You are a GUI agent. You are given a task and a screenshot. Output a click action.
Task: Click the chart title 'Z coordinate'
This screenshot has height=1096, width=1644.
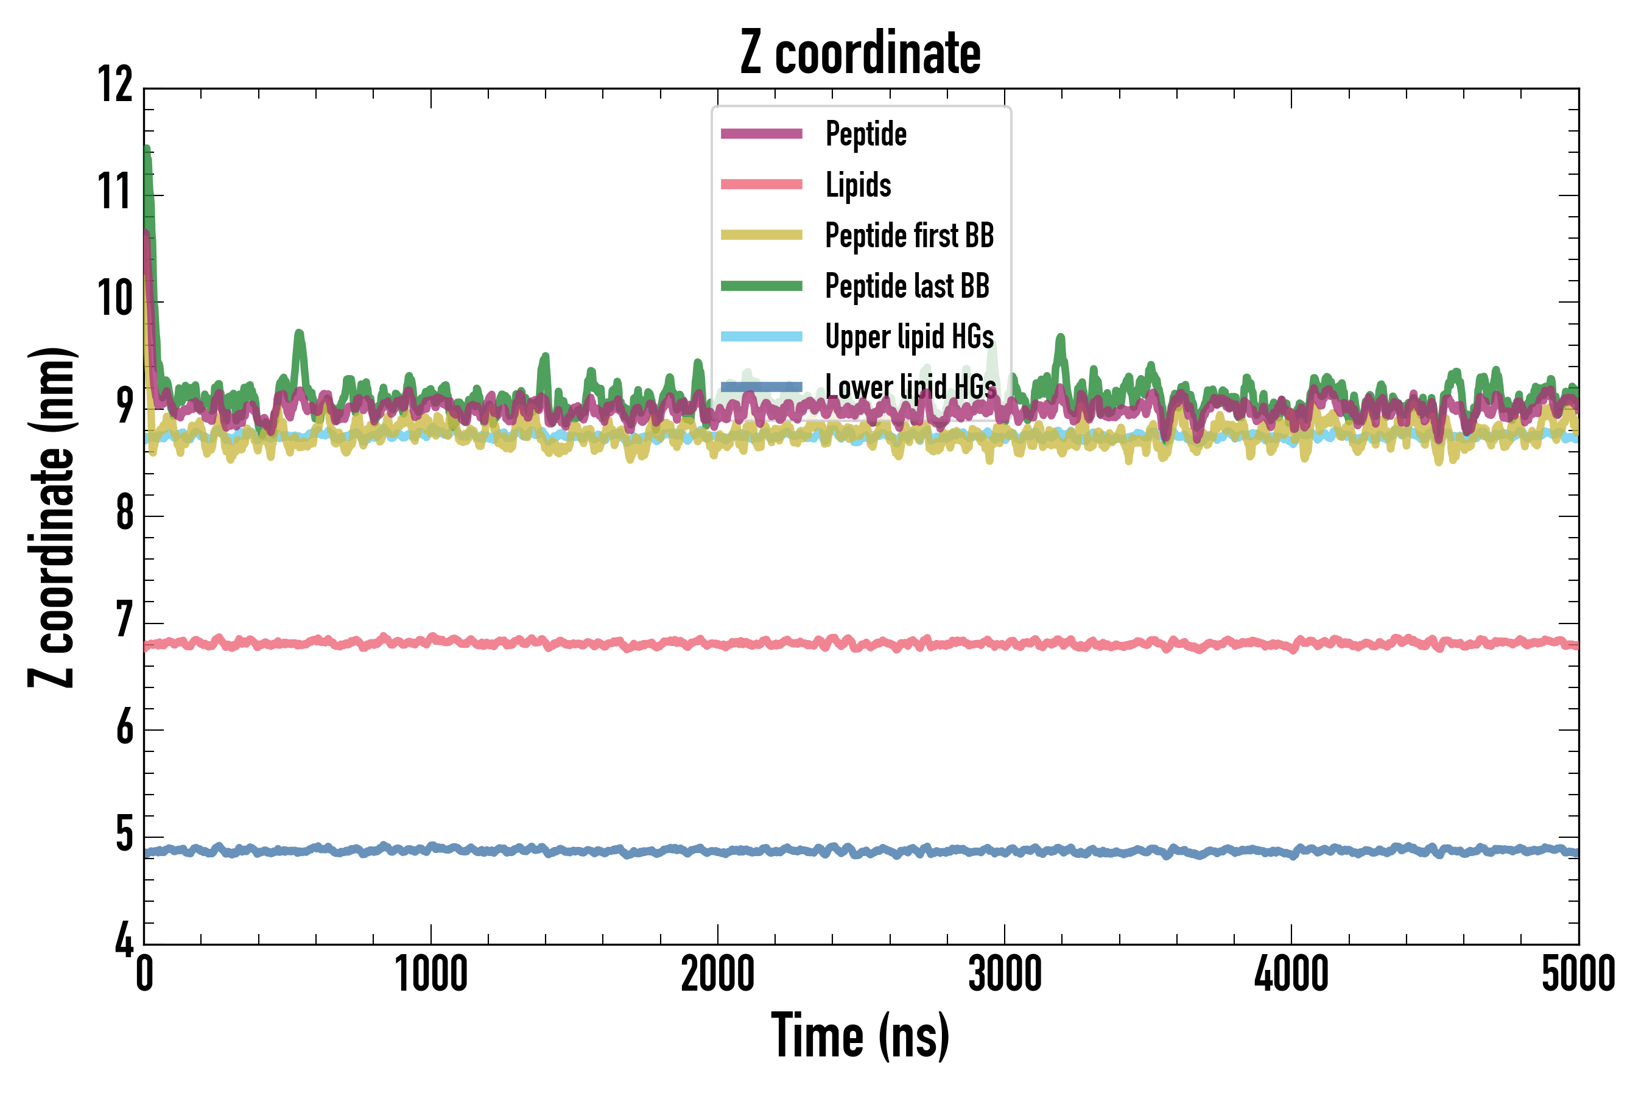(860, 53)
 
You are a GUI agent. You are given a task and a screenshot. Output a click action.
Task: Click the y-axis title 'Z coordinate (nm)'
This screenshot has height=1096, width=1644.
(52, 516)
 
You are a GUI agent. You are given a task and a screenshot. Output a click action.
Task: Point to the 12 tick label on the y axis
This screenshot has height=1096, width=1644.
(114, 85)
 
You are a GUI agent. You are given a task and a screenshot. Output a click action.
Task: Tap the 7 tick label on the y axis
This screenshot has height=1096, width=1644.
(124, 620)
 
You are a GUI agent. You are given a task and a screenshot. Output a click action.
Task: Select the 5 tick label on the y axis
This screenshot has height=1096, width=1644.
(124, 835)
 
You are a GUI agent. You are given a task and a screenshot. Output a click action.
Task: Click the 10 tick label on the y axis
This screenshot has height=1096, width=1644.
(114, 299)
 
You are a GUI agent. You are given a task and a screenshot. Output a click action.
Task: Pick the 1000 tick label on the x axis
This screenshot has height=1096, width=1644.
(430, 974)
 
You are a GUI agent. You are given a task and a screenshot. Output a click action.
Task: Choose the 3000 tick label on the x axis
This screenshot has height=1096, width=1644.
(1005, 974)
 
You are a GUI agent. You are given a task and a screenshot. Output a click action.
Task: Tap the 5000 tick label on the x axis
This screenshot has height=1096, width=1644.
(1578, 974)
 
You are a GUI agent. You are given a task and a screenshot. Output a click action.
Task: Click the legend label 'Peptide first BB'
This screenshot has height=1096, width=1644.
(908, 236)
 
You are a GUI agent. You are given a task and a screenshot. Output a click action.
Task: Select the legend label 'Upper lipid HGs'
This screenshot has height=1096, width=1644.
(908, 337)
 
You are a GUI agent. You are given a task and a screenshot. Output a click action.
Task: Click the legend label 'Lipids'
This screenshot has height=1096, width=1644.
(858, 185)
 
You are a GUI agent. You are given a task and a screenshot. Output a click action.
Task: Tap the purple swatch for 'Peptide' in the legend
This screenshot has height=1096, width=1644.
(761, 134)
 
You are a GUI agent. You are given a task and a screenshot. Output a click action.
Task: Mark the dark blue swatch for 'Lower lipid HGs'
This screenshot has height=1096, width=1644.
(761, 387)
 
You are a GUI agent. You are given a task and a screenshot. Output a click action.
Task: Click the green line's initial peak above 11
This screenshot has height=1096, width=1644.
(147, 151)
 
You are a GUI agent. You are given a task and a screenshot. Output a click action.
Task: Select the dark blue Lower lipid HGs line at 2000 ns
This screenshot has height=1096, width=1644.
(718, 852)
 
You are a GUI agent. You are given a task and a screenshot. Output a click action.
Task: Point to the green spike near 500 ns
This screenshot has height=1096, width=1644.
(299, 335)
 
